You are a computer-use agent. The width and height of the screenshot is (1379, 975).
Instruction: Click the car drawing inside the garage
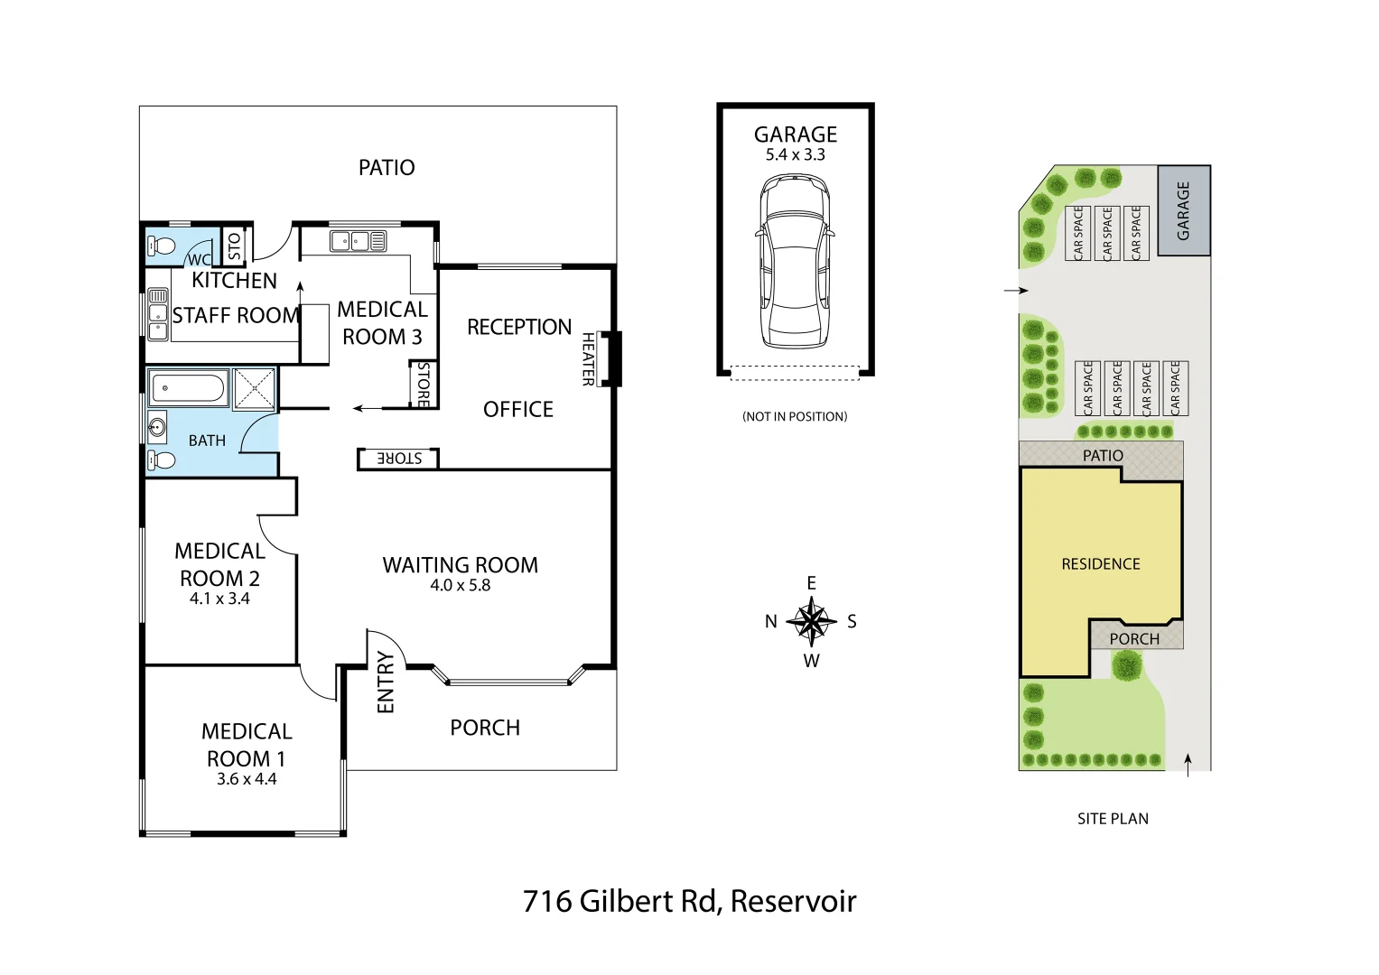pyautogui.click(x=795, y=262)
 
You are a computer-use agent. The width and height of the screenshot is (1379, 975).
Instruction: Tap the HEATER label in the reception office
pyautogui.click(x=588, y=359)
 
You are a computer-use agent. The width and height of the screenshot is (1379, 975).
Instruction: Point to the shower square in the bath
pyautogui.click(x=255, y=390)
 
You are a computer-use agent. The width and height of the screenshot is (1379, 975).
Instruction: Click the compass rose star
pyautogui.click(x=811, y=621)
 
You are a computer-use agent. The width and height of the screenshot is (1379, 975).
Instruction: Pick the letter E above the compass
pyautogui.click(x=811, y=583)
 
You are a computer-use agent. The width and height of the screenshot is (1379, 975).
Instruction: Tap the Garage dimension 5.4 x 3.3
pyautogui.click(x=795, y=154)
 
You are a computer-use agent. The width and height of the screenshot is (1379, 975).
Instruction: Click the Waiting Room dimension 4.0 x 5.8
pyautogui.click(x=460, y=585)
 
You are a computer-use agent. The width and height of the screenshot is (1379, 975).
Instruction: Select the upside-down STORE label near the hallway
pyautogui.click(x=399, y=459)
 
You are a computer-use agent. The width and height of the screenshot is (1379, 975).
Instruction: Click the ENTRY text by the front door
pyautogui.click(x=386, y=682)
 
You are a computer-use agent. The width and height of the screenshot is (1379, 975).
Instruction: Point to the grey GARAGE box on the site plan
pyautogui.click(x=1183, y=210)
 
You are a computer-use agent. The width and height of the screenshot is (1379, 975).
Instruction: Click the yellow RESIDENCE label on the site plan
pyautogui.click(x=1100, y=564)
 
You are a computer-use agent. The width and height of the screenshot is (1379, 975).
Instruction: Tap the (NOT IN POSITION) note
pyautogui.click(x=795, y=416)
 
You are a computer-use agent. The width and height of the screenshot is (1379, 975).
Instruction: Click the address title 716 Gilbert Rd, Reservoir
pyautogui.click(x=689, y=901)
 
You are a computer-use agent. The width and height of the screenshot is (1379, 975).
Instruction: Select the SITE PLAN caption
pyautogui.click(x=1113, y=819)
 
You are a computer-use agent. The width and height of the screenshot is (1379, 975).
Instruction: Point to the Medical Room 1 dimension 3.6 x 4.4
pyautogui.click(x=247, y=779)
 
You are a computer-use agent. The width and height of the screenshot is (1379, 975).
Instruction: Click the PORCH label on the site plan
pyautogui.click(x=1134, y=639)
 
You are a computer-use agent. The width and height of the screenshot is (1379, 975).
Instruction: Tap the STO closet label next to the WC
pyautogui.click(x=235, y=246)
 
